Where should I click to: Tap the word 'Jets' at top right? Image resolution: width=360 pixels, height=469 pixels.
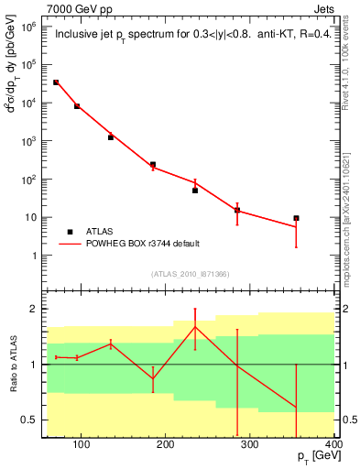[322, 8]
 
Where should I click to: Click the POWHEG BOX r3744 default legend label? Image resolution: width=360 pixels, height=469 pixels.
[143, 244]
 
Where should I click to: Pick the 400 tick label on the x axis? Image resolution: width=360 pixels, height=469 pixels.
[333, 445]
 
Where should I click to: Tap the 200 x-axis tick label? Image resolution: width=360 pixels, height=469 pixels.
[166, 445]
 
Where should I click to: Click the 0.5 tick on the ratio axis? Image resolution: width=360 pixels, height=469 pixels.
[29, 420]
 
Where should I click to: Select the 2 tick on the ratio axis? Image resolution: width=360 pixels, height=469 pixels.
[35, 309]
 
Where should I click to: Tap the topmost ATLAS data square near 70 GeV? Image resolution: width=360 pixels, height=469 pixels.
[56, 82]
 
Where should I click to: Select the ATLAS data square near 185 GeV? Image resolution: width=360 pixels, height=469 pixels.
[153, 165]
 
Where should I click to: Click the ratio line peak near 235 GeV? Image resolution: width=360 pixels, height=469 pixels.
[195, 326]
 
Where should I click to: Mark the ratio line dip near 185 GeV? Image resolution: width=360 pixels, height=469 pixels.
[153, 378]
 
